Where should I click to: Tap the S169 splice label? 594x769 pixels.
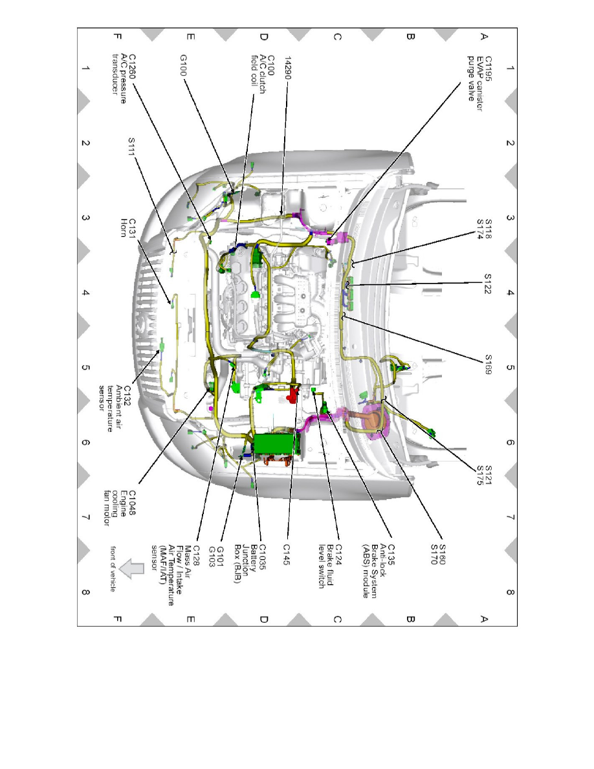click(488, 364)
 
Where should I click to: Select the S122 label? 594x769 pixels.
click(488, 284)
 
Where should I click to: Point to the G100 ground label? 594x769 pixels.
click(183, 65)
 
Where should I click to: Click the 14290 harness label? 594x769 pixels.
click(288, 68)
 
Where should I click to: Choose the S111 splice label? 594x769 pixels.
click(131, 147)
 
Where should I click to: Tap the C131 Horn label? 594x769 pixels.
click(127, 228)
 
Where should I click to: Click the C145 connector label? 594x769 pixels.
click(287, 554)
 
